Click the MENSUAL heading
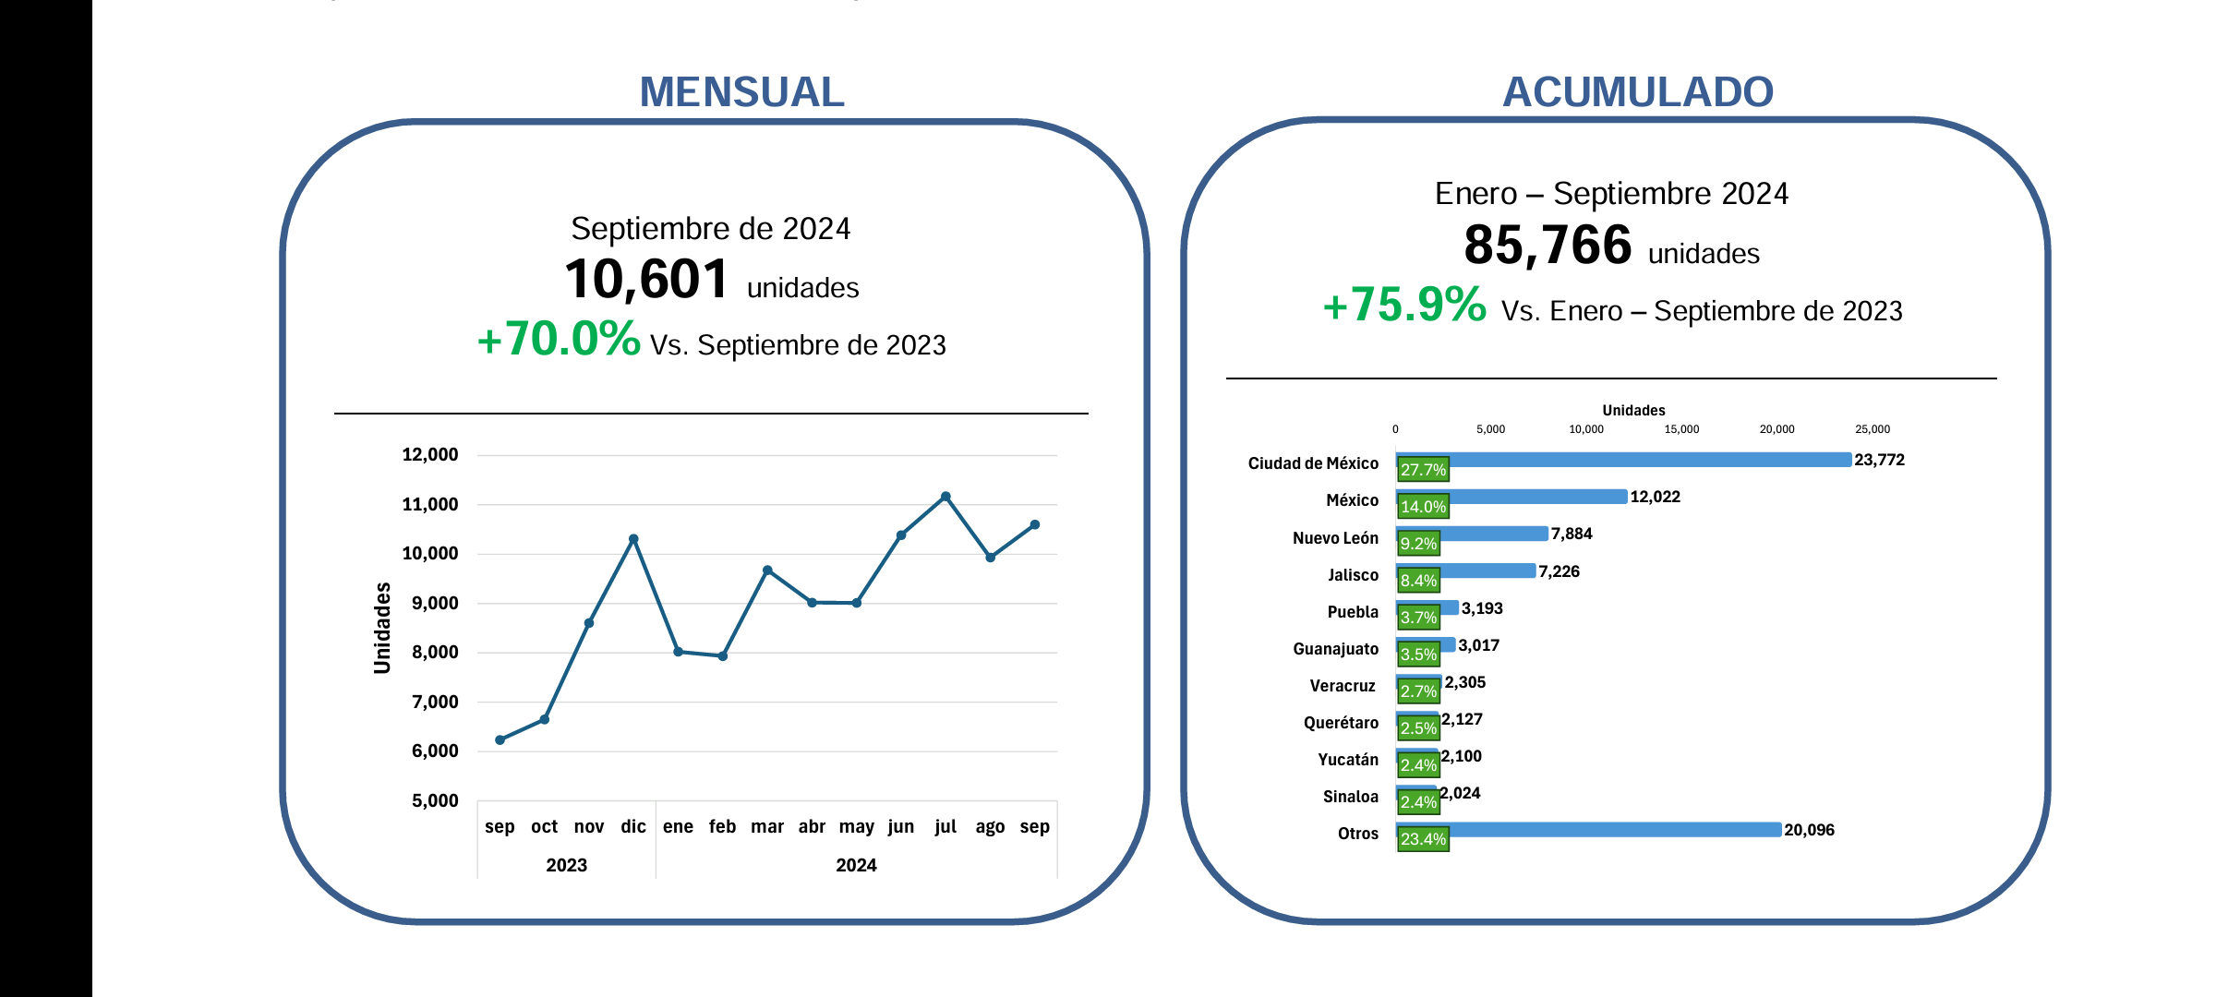click(741, 92)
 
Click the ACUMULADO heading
click(1637, 92)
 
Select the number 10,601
click(646, 279)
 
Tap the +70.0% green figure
click(559, 339)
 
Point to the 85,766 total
click(1548, 246)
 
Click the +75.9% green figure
click(1404, 305)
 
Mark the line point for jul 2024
click(945, 497)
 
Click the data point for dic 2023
click(633, 539)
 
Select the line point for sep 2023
click(500, 739)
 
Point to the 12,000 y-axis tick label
click(430, 454)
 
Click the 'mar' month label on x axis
click(766, 826)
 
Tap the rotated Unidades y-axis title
click(382, 628)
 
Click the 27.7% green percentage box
click(1423, 470)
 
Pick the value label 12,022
click(1655, 497)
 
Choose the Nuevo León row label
click(1335, 538)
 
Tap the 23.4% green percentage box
click(1423, 839)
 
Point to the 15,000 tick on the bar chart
click(1681, 429)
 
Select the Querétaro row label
click(1341, 723)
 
